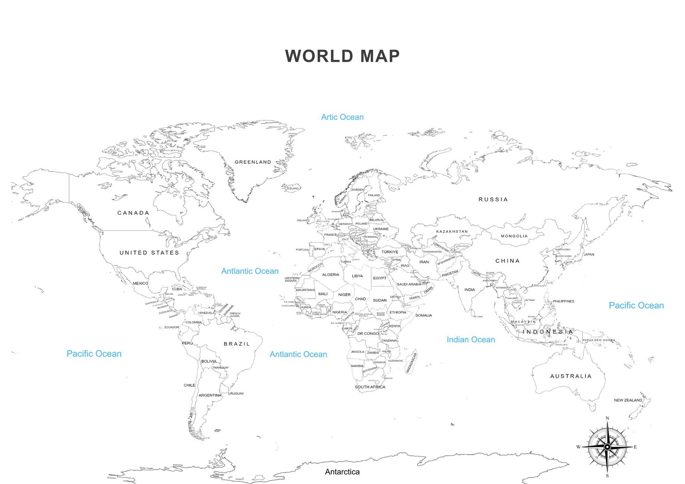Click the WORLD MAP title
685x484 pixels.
tap(342, 56)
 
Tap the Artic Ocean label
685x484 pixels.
tap(342, 117)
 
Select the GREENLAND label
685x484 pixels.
tap(253, 162)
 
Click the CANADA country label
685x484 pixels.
tap(133, 213)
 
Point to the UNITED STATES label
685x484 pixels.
tap(149, 253)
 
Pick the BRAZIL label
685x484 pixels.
tap(237, 344)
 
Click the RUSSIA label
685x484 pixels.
tap(493, 200)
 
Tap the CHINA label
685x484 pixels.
tap(507, 261)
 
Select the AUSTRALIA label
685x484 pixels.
tap(571, 376)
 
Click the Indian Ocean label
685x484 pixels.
tap(471, 340)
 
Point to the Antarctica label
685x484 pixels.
tap(342, 472)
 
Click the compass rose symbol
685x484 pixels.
tap(607, 447)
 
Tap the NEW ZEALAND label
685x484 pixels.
tap(628, 400)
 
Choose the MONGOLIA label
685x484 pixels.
tap(514, 236)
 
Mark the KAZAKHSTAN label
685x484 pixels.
tap(452, 232)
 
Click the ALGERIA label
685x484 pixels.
tap(331, 275)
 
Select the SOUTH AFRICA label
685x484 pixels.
tap(370, 387)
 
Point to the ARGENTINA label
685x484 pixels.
tap(210, 395)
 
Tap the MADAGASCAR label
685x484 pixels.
tap(411, 363)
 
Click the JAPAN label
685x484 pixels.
tap(589, 255)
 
